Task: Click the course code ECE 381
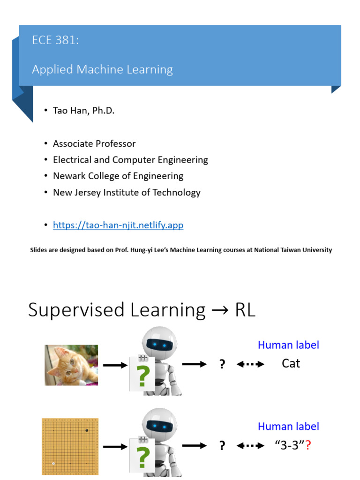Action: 55,40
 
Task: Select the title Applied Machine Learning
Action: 102,69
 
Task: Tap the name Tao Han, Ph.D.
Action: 83,111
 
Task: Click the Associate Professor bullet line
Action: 94,143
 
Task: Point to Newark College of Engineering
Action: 118,176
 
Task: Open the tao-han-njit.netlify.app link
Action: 118,225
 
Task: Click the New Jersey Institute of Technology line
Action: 127,192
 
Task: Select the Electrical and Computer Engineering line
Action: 130,160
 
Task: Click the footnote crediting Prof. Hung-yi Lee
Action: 181,250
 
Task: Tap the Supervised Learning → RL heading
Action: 142,310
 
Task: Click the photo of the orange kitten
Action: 71,365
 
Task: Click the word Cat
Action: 291,363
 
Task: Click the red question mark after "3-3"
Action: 308,445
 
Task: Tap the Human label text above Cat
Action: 288,345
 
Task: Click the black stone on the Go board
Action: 86,430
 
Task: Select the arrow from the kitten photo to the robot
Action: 115,365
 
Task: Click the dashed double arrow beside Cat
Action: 250,364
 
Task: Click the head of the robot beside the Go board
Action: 159,425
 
